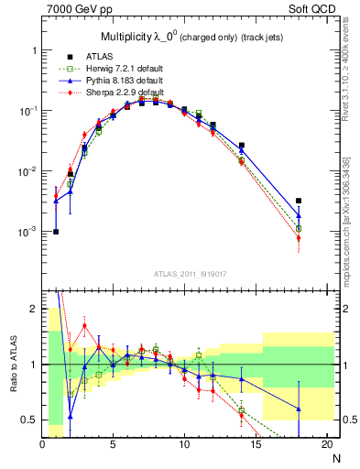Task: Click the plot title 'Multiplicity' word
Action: click(128, 37)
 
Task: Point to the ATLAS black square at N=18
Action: click(299, 201)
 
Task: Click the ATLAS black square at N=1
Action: click(56, 232)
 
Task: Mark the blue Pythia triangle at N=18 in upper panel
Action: click(299, 216)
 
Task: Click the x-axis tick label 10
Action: click(184, 444)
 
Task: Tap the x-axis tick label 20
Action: click(326, 444)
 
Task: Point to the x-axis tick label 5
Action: click(113, 444)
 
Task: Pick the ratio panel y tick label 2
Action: click(35, 309)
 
